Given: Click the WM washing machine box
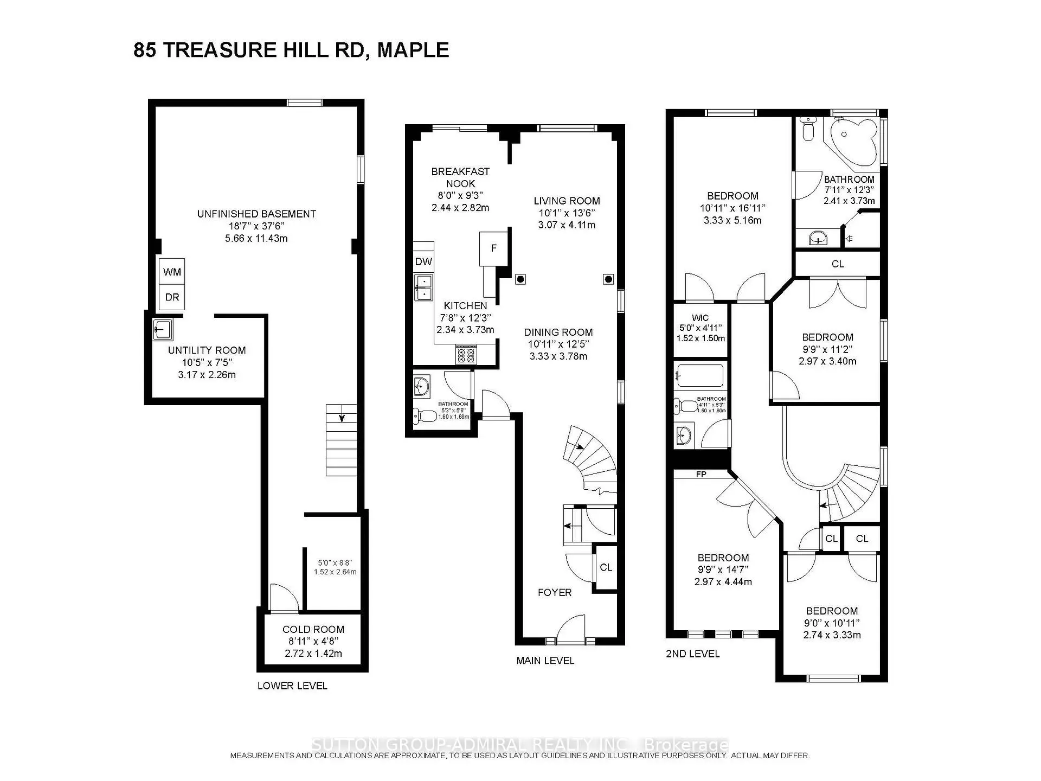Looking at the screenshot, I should click(x=172, y=272).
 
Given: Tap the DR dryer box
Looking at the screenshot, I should click(x=172, y=297).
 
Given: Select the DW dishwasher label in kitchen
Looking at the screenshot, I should click(x=423, y=261).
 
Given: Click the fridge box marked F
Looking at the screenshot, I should click(x=493, y=248).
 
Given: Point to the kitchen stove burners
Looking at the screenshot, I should click(x=466, y=355).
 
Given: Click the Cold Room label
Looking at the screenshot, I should click(x=313, y=629).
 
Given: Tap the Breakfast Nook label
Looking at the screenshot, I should click(x=460, y=177).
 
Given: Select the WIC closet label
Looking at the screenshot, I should click(x=700, y=318).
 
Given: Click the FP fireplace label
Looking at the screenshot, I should click(x=701, y=474).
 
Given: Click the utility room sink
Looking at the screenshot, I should click(x=162, y=329).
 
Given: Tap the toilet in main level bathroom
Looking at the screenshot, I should click(x=425, y=416).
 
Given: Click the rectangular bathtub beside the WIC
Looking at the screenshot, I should click(x=700, y=375).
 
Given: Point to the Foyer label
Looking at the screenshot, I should click(x=554, y=592).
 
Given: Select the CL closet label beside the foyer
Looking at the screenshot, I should click(x=606, y=567).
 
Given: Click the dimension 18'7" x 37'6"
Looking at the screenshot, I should click(x=256, y=226).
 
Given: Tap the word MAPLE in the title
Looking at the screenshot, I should click(x=413, y=50).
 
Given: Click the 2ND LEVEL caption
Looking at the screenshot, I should click(x=692, y=654).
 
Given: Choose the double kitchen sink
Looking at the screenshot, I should click(x=423, y=287).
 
